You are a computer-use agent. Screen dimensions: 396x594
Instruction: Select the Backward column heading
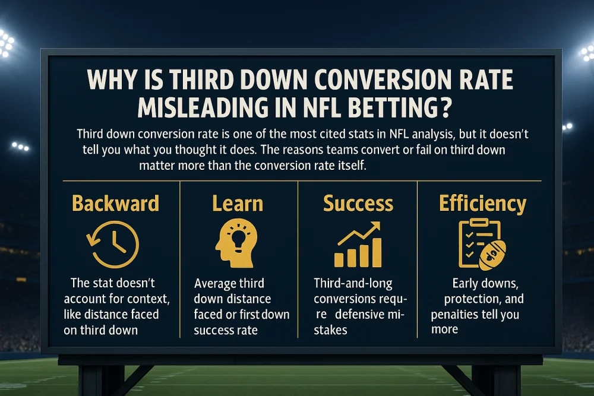[x=115, y=204]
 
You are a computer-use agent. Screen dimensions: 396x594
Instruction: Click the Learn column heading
[x=237, y=204]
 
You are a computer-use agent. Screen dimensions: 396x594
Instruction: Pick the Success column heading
[x=358, y=204]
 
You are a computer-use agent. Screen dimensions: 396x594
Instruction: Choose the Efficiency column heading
[x=482, y=204]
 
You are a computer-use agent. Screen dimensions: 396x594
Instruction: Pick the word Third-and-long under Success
[x=353, y=284]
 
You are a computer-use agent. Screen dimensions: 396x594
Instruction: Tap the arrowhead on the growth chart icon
[x=375, y=227]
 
